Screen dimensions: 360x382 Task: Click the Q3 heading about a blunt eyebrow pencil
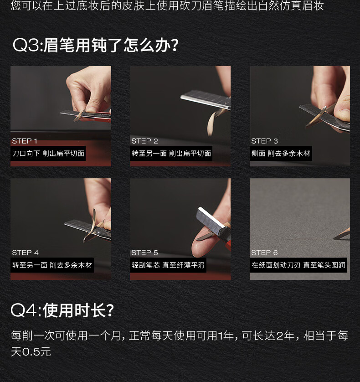click(x=96, y=45)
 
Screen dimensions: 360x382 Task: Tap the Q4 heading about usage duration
click(x=62, y=310)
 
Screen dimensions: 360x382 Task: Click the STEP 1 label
click(x=25, y=141)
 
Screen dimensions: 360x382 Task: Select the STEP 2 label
click(x=144, y=141)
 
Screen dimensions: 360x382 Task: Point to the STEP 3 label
click(x=264, y=141)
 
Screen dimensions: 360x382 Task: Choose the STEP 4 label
click(x=26, y=253)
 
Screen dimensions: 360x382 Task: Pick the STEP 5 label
click(x=144, y=253)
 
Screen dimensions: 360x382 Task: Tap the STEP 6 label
click(x=264, y=253)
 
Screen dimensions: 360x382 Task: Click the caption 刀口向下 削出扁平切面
click(x=48, y=153)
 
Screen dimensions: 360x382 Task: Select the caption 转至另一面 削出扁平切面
click(x=171, y=153)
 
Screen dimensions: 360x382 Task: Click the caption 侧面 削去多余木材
click(x=281, y=153)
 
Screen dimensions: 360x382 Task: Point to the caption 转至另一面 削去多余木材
click(x=52, y=265)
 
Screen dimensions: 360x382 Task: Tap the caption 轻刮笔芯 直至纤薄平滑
click(x=168, y=265)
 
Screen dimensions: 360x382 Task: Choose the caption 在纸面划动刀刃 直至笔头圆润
click(x=298, y=265)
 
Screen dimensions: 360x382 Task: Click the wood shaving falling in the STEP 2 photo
click(x=212, y=123)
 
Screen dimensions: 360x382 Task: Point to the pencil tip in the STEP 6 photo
click(x=334, y=238)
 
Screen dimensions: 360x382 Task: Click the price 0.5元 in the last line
click(x=36, y=352)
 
